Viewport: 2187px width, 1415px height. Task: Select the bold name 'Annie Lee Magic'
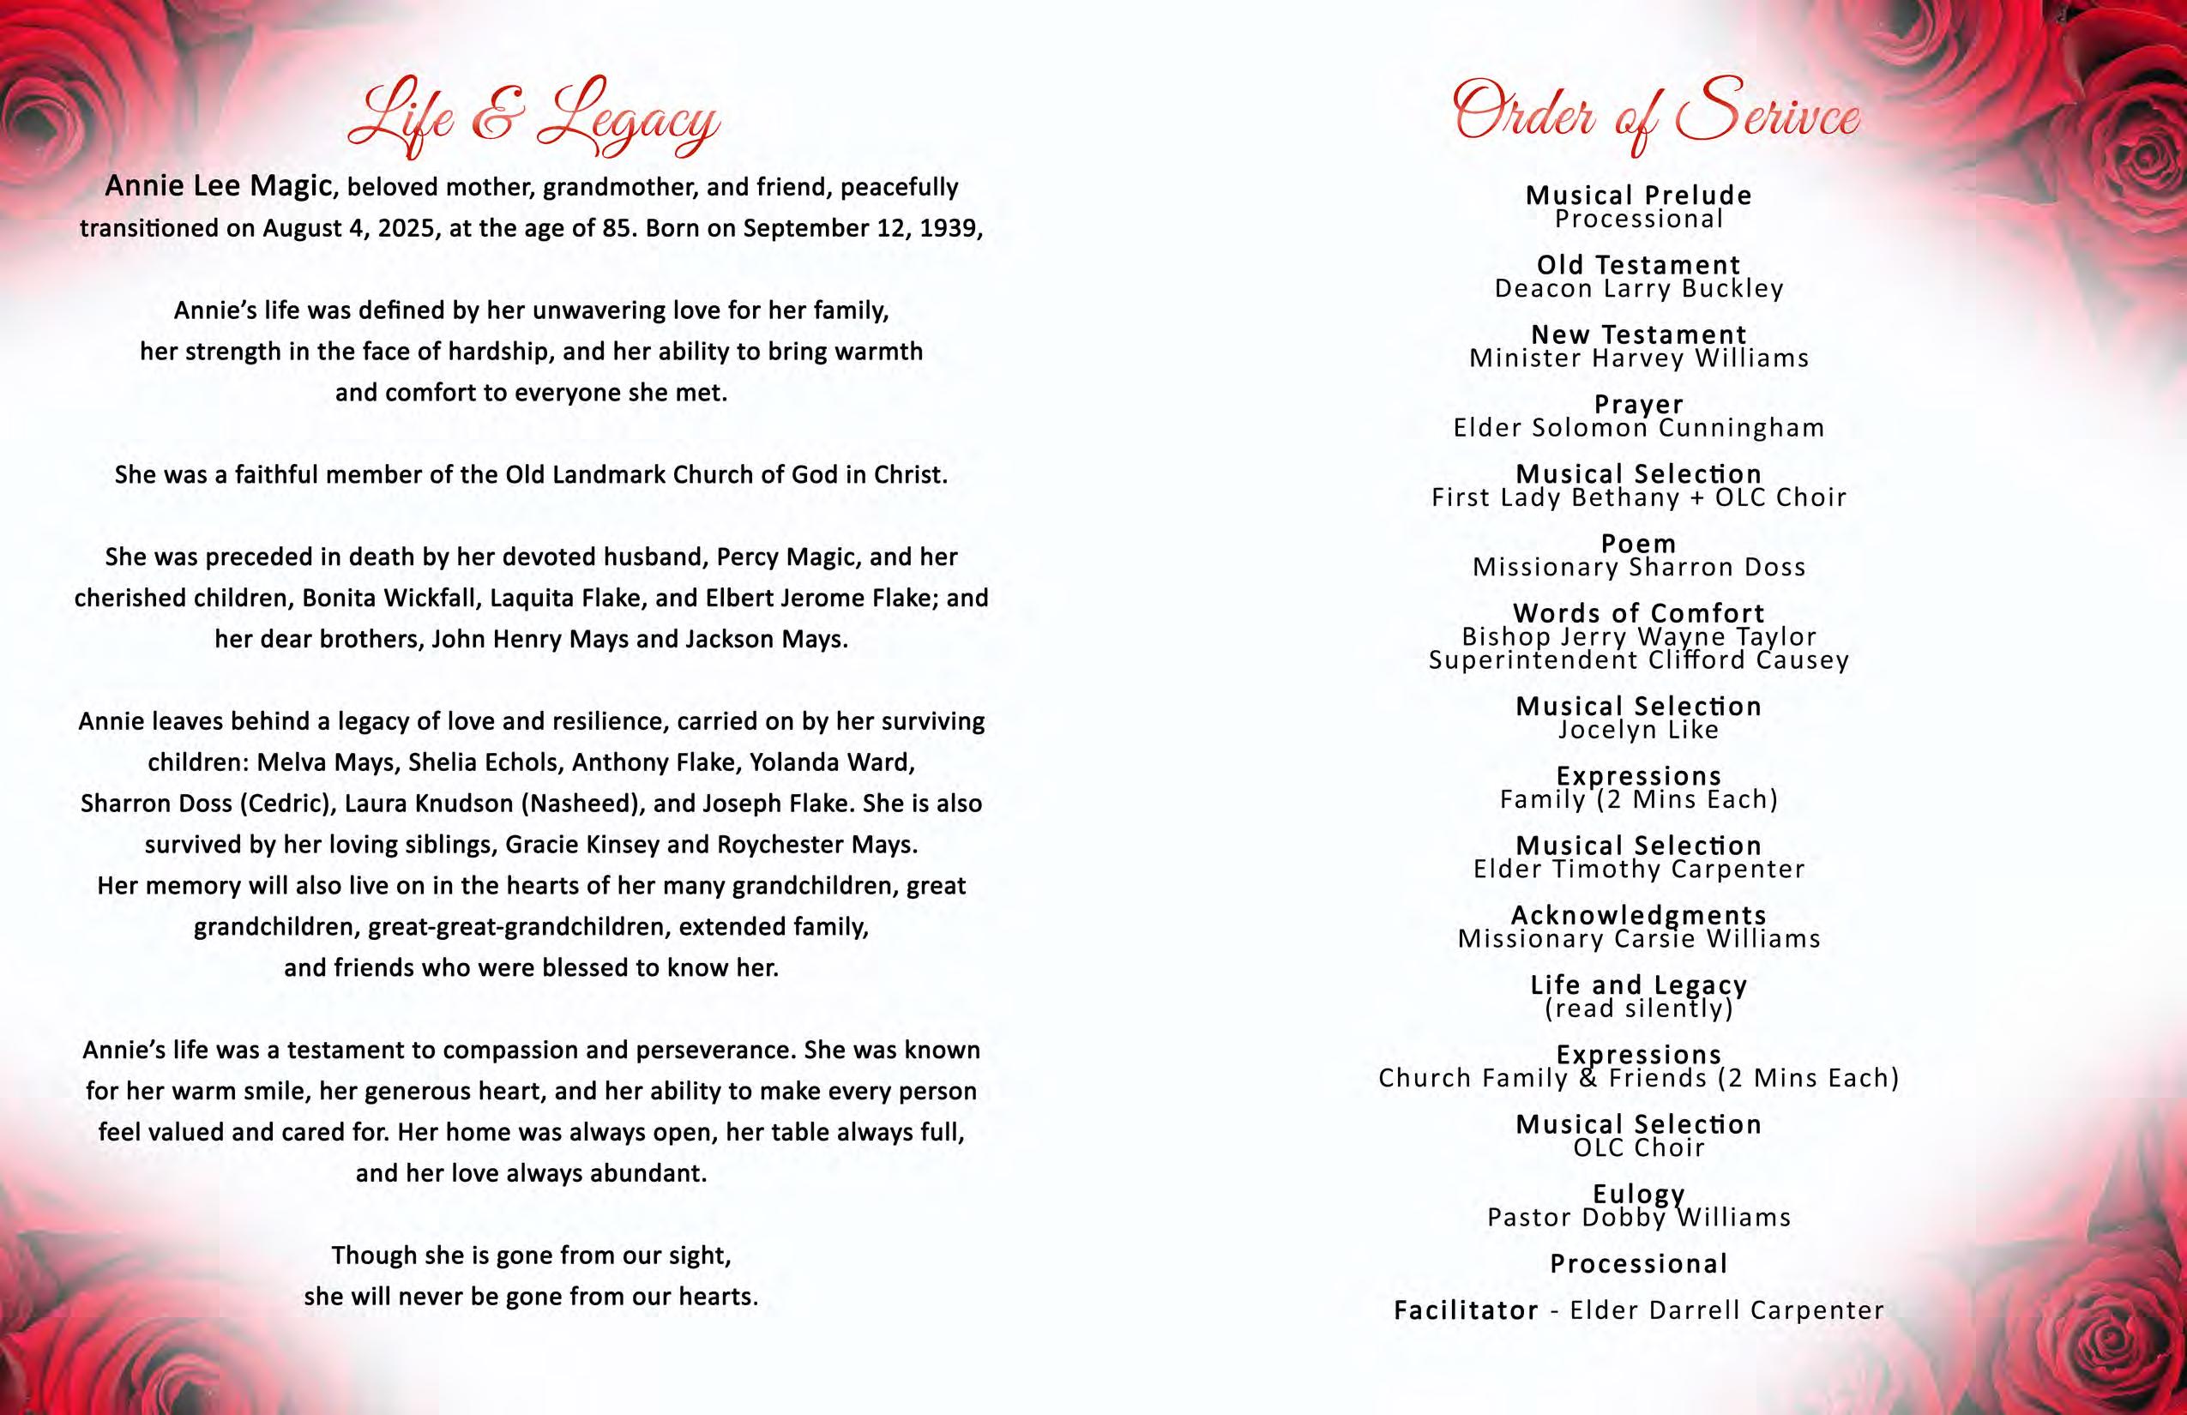coord(218,187)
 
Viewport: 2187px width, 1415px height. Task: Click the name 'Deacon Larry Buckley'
coord(1638,288)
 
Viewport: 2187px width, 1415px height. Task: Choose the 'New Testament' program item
coord(1638,334)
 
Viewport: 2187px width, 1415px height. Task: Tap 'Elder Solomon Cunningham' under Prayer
coord(1638,428)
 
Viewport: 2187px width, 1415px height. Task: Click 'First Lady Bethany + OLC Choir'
coord(1638,498)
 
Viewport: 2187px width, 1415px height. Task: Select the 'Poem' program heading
coord(1638,544)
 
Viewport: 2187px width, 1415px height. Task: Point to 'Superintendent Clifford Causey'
coord(1638,660)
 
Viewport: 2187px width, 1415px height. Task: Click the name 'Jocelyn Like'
coord(1638,731)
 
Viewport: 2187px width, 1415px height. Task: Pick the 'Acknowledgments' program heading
coord(1638,915)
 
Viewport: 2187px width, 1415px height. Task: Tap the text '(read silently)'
coord(1638,1009)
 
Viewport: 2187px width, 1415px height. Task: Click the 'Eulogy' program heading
coord(1638,1194)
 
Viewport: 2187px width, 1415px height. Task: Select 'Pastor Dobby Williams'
coord(1638,1218)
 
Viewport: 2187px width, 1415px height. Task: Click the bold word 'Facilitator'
coord(1466,1310)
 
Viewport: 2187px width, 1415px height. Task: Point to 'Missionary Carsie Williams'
coord(1638,939)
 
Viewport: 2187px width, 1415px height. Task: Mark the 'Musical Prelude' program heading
coord(1638,195)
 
